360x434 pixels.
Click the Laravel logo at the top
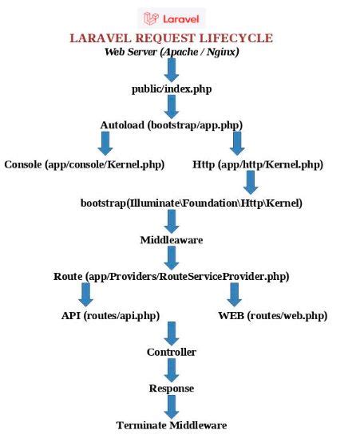tap(171, 18)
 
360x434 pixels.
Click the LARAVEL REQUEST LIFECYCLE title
tap(171, 38)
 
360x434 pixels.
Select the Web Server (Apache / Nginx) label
tap(171, 52)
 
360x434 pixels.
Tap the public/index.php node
tap(171, 89)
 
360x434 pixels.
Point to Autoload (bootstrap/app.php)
tap(171, 125)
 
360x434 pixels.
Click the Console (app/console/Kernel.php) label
tap(84, 164)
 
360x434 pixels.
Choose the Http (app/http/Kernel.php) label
tap(258, 164)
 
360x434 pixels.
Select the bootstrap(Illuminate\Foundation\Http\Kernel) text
tap(192, 203)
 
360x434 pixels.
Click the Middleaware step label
tap(171, 239)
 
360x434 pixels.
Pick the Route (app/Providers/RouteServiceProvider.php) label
tap(171, 276)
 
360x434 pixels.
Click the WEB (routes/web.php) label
tap(272, 315)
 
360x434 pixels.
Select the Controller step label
tap(171, 352)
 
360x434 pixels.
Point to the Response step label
tap(171, 389)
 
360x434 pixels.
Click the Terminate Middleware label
tap(171, 425)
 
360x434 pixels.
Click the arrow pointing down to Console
tap(105, 144)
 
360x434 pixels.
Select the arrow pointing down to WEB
tap(234, 294)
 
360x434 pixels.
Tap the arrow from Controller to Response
tap(171, 369)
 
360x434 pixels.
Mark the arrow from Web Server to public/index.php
tap(171, 69)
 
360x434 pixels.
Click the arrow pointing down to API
tap(85, 294)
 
